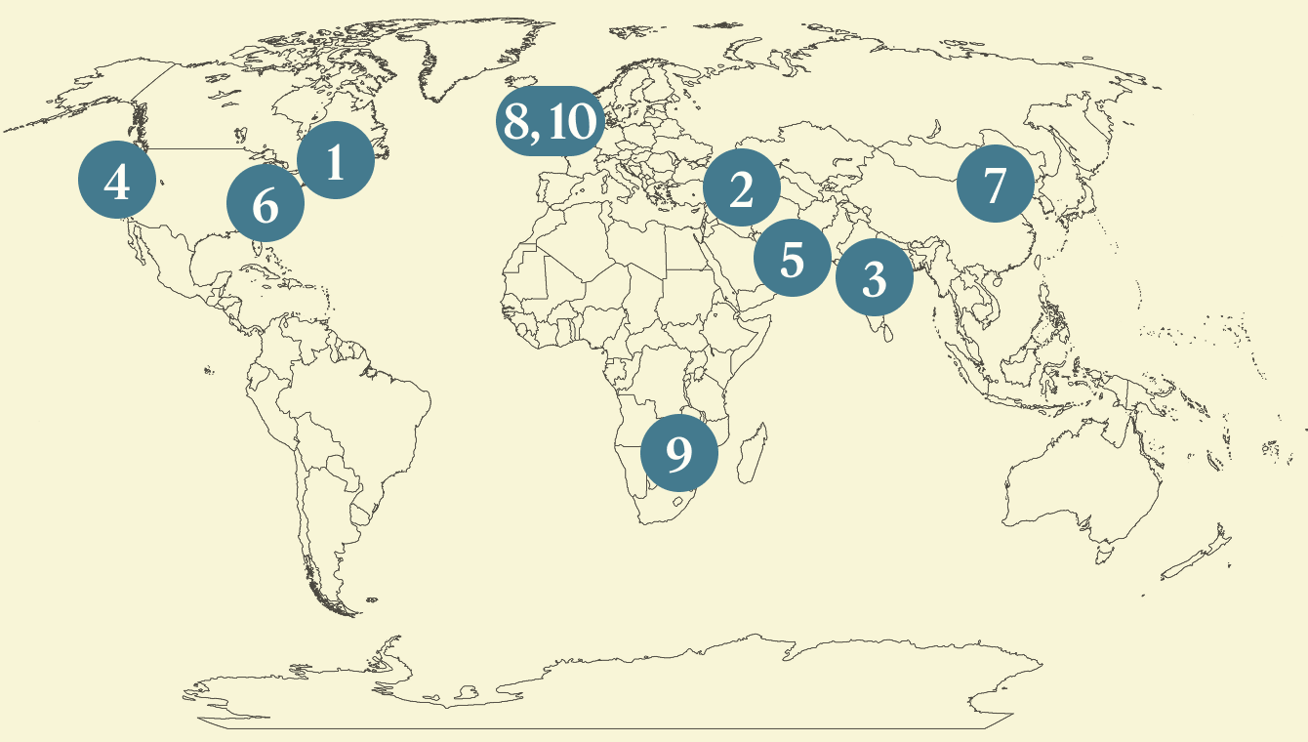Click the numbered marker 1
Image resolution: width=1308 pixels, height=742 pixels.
335,161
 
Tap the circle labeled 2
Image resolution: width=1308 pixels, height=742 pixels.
741,188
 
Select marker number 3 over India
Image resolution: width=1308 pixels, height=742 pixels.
875,278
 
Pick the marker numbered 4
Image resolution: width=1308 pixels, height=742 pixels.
117,181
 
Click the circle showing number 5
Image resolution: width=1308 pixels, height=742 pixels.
792,259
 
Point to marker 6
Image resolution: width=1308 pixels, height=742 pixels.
266,204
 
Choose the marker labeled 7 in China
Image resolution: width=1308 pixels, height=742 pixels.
995,185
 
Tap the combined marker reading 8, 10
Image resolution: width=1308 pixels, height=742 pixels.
549,122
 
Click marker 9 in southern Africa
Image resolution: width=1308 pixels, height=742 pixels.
679,453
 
